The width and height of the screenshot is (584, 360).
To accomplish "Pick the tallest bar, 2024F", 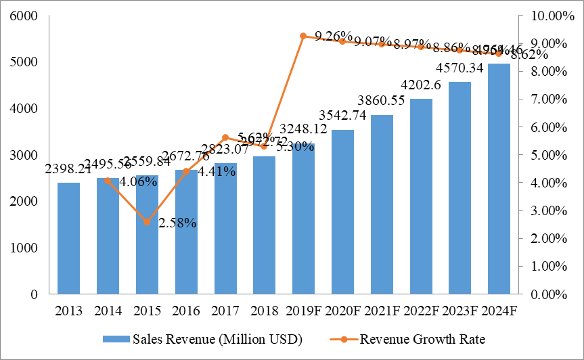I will (x=499, y=179).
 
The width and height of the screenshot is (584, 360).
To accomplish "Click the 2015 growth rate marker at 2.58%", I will (x=147, y=223).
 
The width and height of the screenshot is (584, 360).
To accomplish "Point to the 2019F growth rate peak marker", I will (x=303, y=36).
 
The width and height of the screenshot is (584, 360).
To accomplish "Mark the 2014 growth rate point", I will (x=108, y=181).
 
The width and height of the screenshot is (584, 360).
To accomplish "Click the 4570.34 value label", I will (x=460, y=69).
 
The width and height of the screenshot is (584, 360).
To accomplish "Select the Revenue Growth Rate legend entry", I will (x=412, y=339).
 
